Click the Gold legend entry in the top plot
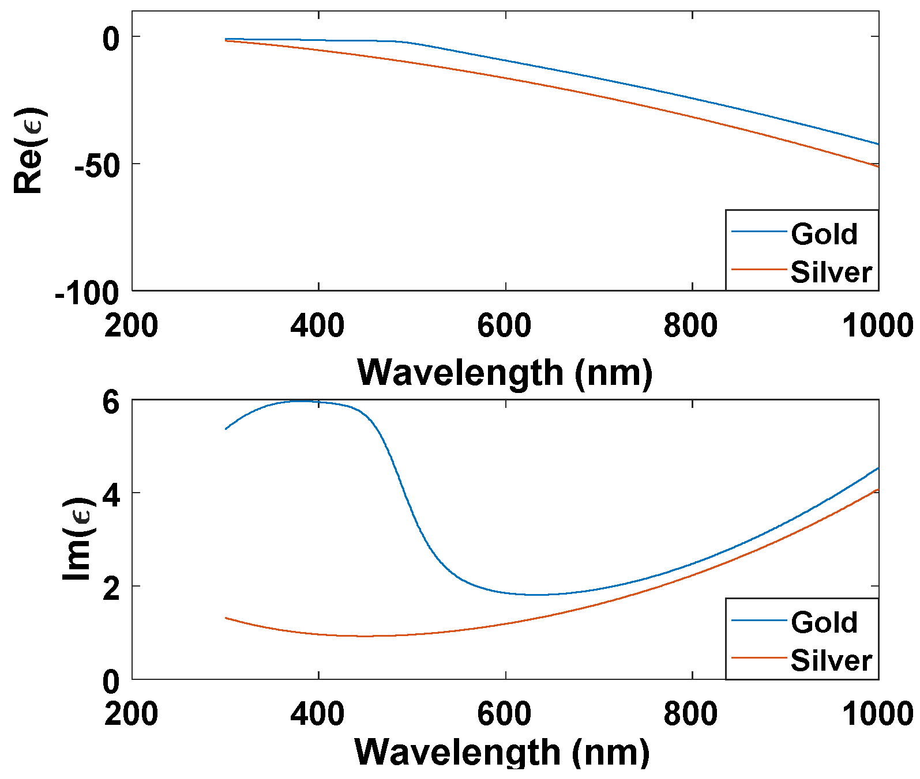click(823, 234)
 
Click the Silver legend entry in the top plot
click(831, 272)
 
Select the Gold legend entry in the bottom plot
click(823, 622)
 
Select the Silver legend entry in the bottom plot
click(831, 660)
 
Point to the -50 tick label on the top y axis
click(96, 166)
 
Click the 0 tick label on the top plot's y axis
click(111, 39)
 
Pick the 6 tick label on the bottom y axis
click(111, 402)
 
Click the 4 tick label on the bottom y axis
click(111, 496)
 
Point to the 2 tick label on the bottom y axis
click(111, 589)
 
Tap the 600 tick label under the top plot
click(504, 326)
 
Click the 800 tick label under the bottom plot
click(690, 714)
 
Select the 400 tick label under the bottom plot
click(317, 714)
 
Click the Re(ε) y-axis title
click(29, 151)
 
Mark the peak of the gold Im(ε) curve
click(300, 401)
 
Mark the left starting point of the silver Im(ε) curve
click(226, 618)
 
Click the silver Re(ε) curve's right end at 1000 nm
click(877, 167)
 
